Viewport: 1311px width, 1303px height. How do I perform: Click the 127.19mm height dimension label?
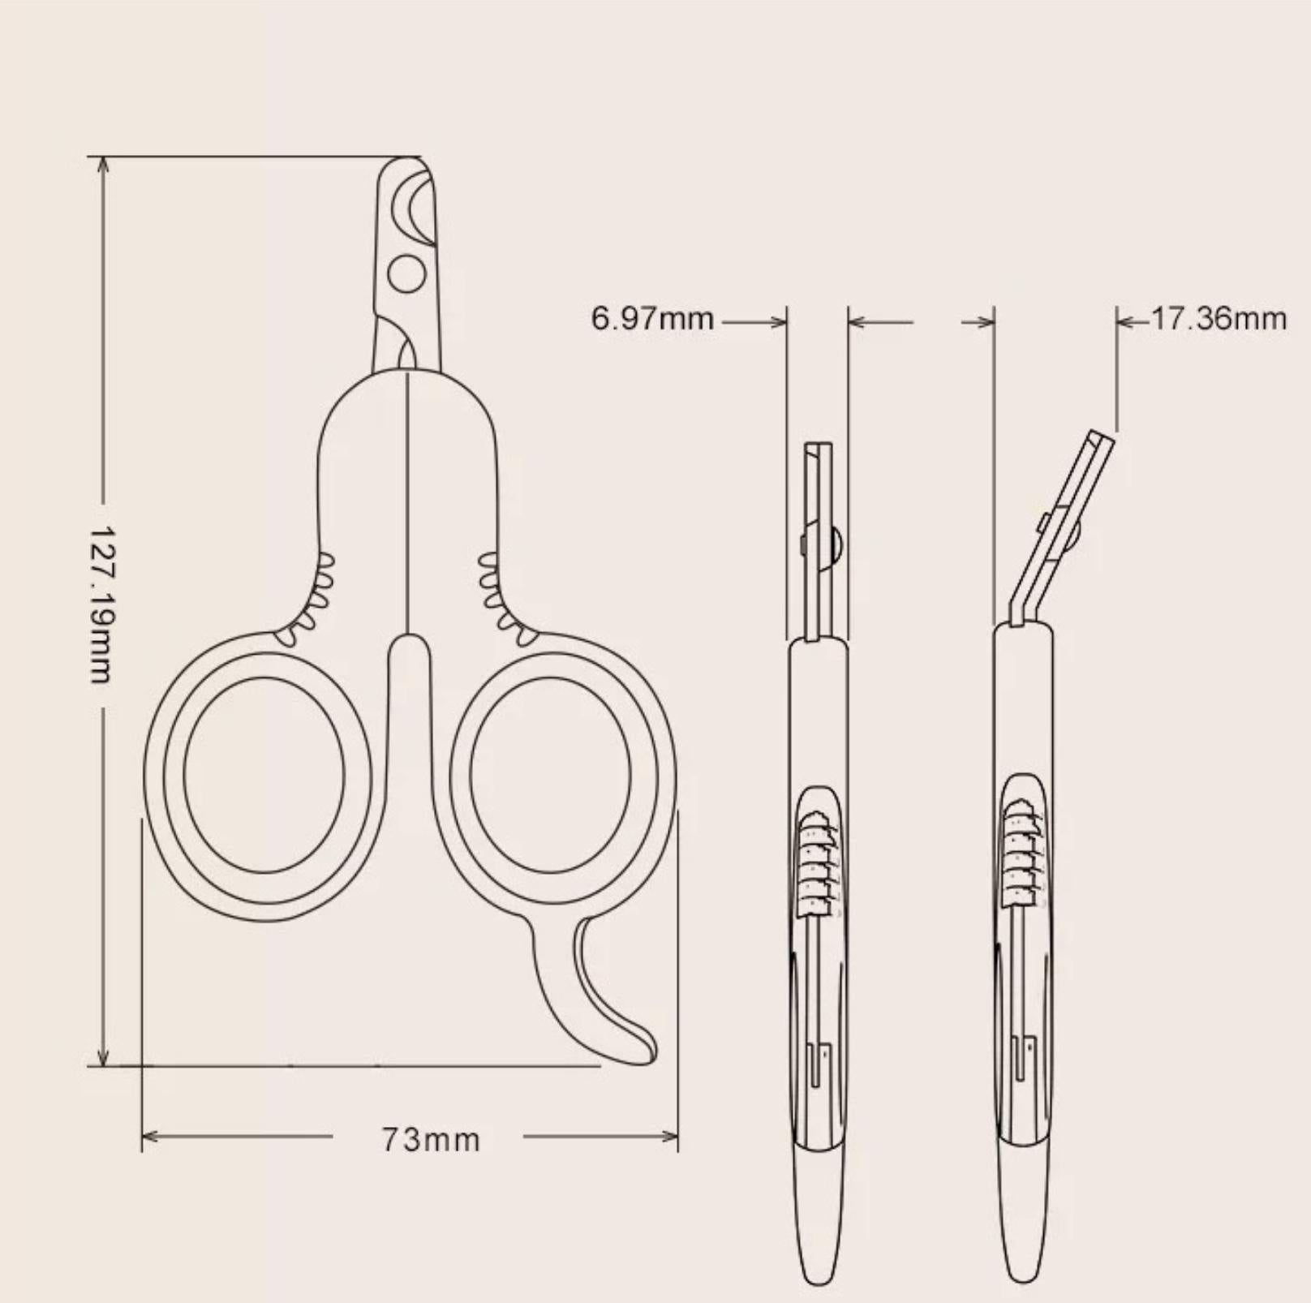pos(102,604)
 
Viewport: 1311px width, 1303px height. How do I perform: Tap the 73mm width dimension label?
pos(431,1140)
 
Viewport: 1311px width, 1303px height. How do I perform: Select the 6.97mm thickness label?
pos(652,319)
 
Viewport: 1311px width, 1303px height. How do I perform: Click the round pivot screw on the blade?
pos(406,273)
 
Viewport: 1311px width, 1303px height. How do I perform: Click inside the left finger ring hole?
pos(264,775)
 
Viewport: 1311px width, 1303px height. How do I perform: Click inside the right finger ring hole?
pos(550,775)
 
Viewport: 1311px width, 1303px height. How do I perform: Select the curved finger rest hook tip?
pos(641,1051)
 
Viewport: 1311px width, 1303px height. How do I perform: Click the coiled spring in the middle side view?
pos(816,860)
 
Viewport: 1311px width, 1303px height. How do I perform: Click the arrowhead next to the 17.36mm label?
pos(1124,321)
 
